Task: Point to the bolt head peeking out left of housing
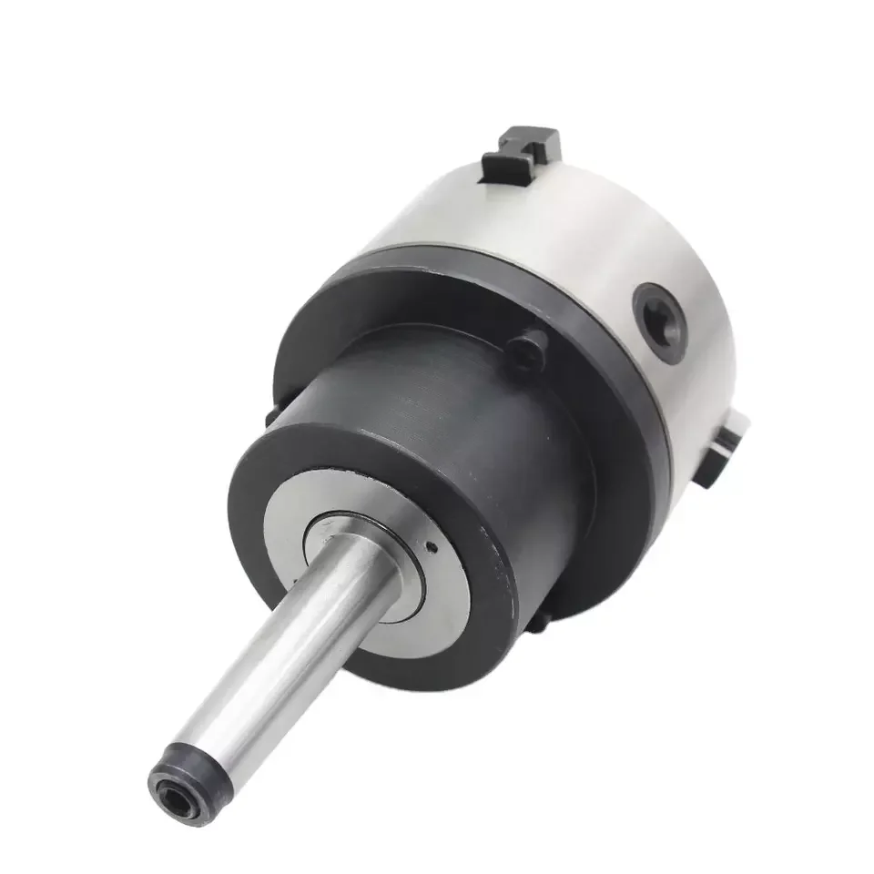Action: pyautogui.click(x=271, y=415)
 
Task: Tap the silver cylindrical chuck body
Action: pyautogui.click(x=592, y=228)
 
